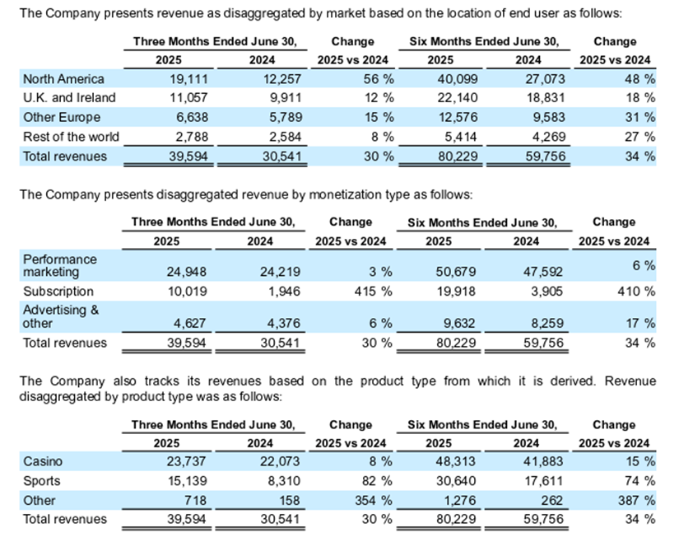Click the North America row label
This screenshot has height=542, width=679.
tap(63, 79)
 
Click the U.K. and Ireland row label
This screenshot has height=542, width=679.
tap(69, 98)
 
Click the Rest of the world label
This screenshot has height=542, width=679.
tap(71, 136)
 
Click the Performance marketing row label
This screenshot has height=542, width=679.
tap(59, 265)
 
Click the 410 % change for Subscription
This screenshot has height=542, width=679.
tap(636, 291)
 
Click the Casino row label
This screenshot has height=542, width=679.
tap(43, 462)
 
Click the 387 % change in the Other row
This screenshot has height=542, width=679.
tap(636, 500)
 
